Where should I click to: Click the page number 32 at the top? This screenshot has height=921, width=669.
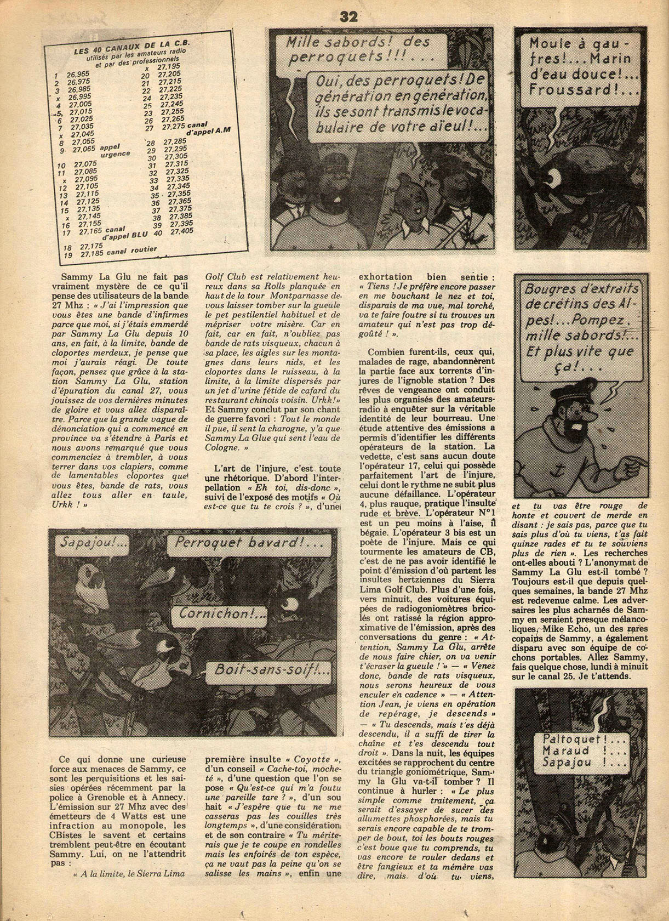point(348,17)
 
